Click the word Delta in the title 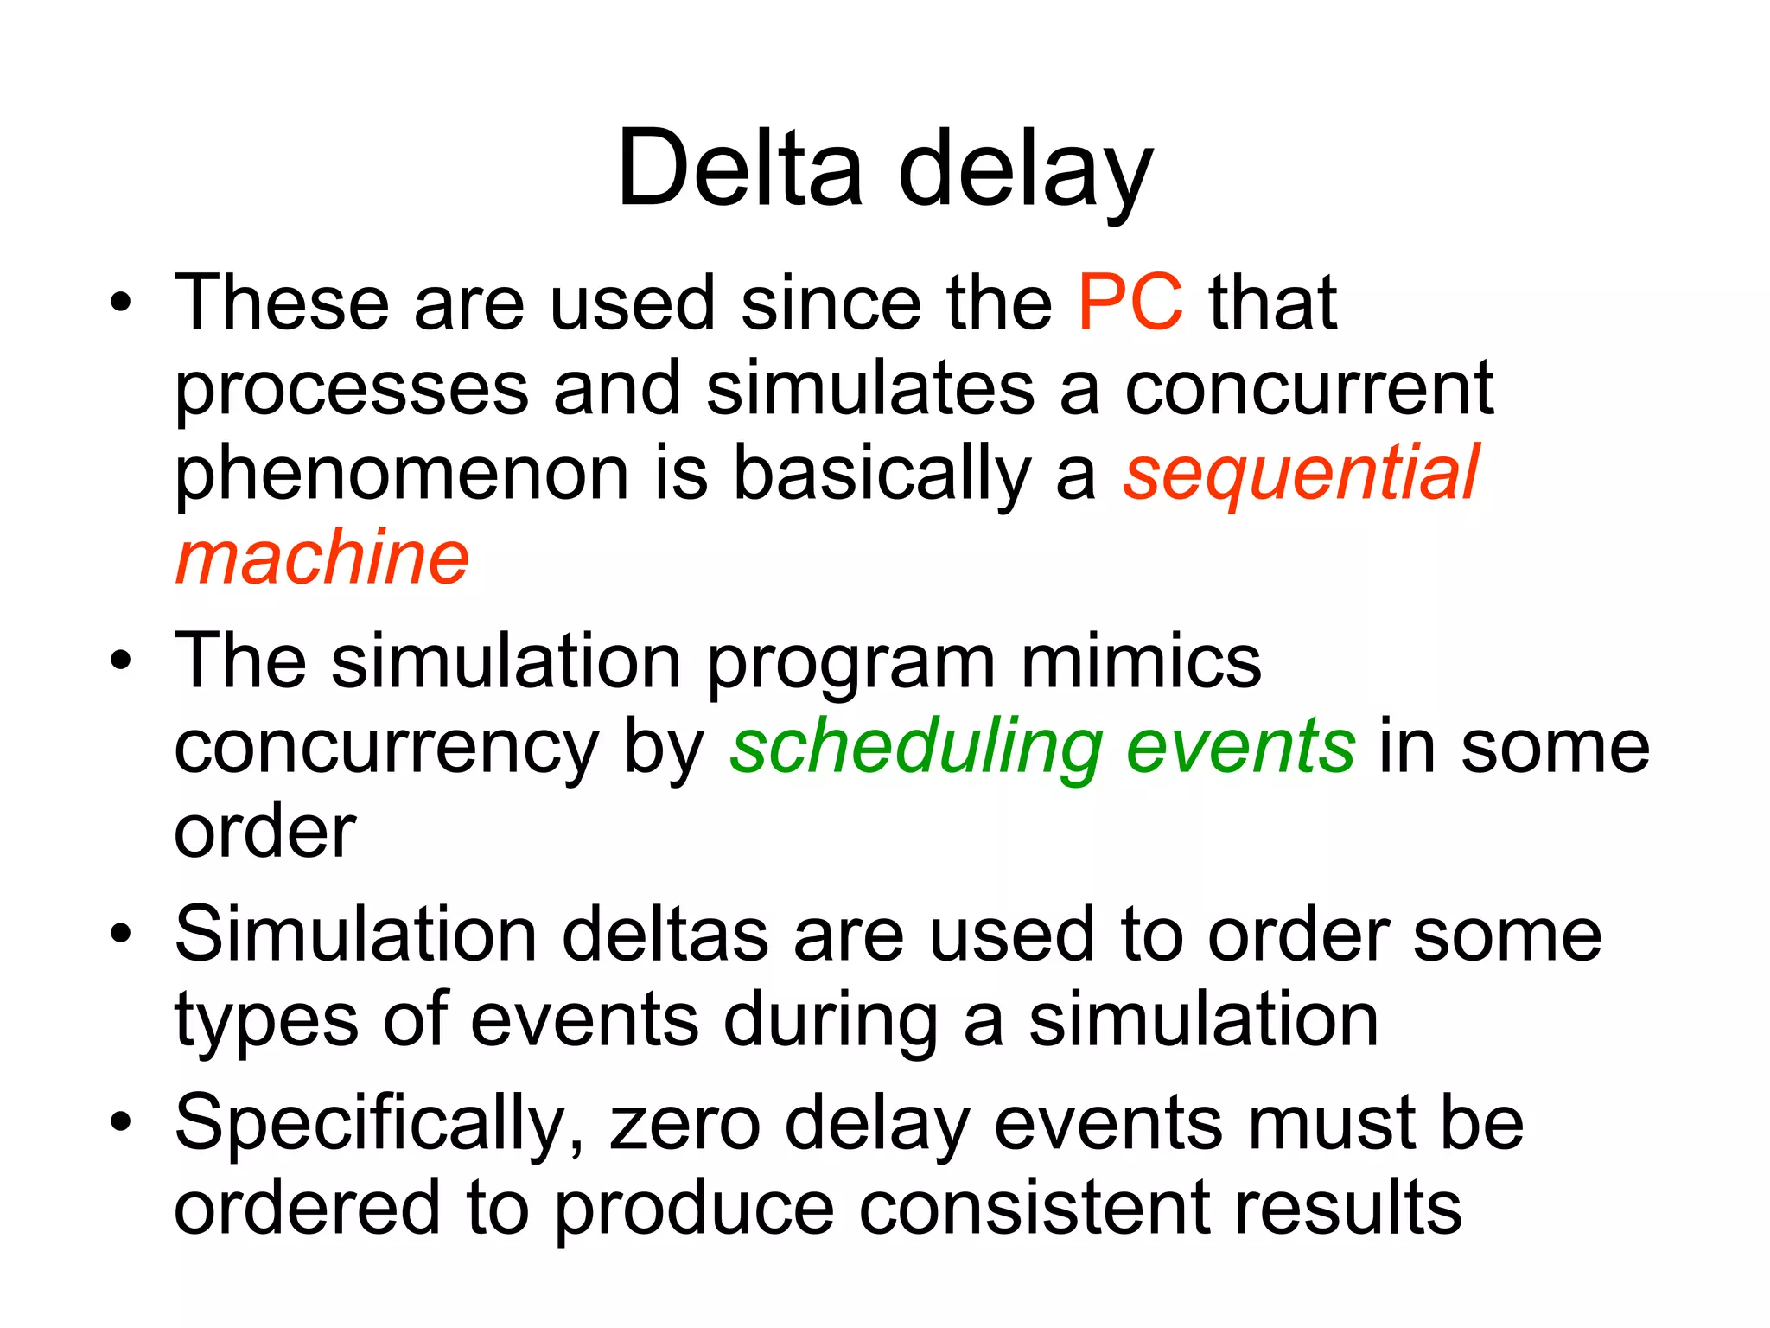(740, 169)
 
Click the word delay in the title (1025, 173)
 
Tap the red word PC (1130, 303)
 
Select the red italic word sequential (1301, 474)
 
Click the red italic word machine (322, 558)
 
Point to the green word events (1241, 748)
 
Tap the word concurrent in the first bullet (1308, 389)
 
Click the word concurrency (387, 748)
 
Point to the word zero (685, 1124)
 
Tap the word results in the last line (1347, 1208)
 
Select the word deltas (665, 935)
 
